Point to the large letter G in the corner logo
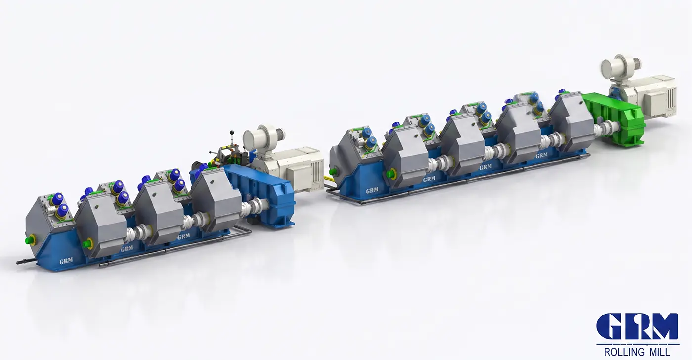pyautogui.click(x=609, y=326)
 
